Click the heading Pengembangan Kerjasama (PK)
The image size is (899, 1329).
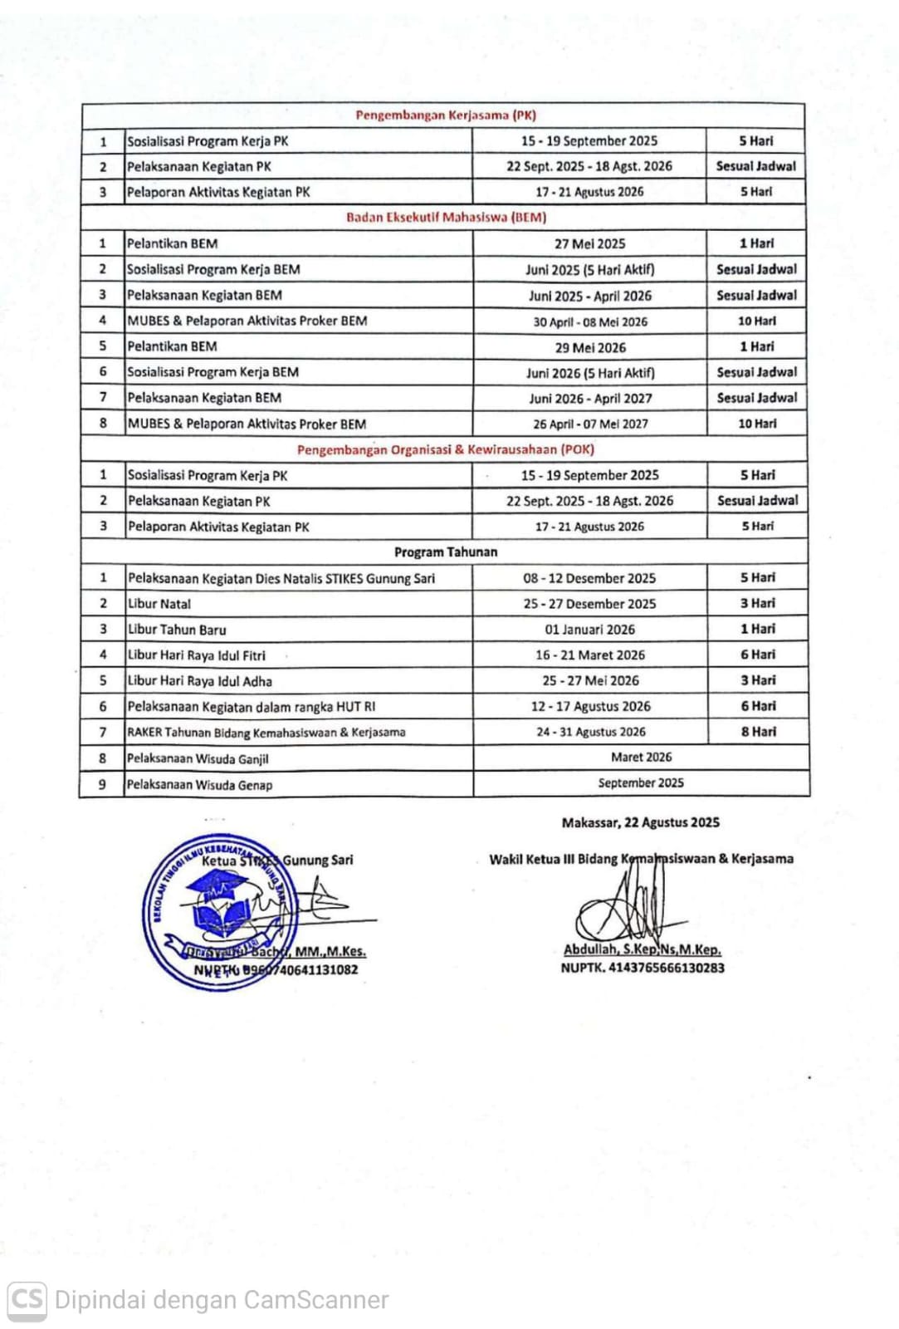[446, 115]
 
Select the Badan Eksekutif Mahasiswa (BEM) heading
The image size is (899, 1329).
[446, 218]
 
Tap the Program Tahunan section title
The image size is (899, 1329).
[446, 552]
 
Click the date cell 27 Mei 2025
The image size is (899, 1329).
[589, 244]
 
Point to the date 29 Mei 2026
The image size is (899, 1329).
[590, 347]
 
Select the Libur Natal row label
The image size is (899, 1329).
[159, 604]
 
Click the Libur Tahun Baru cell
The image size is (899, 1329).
[177, 630]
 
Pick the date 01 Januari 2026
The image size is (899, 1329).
[589, 630]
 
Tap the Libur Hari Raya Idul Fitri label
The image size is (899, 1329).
[197, 655]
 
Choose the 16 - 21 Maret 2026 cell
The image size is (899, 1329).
[589, 655]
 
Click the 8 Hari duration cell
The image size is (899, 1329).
[758, 732]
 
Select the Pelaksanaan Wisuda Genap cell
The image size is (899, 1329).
[199, 784]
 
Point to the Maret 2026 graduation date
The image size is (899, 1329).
[641, 758]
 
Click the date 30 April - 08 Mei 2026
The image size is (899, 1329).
[590, 321]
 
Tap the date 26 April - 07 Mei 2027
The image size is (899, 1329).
[590, 424]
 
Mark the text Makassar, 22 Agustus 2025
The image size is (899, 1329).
[640, 822]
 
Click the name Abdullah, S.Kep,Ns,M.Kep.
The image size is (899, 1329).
[642, 949]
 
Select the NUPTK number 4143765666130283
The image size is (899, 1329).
[642, 968]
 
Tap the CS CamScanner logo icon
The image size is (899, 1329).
[27, 1298]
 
